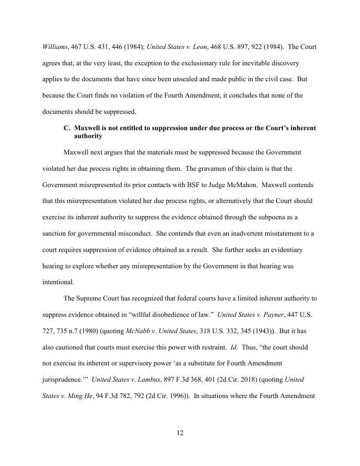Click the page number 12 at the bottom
pos(180,433)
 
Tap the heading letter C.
pos(67,128)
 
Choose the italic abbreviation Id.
pos(234,347)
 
